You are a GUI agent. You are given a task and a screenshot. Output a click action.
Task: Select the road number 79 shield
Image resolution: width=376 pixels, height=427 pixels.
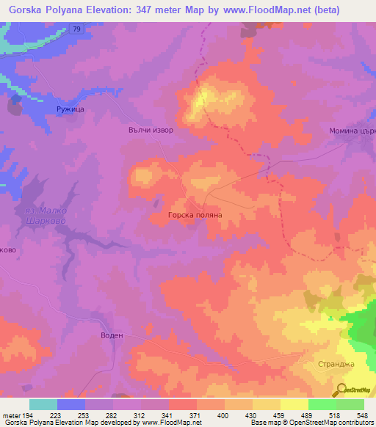77,29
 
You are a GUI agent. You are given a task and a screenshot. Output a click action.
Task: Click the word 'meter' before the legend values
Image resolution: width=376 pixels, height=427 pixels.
11,415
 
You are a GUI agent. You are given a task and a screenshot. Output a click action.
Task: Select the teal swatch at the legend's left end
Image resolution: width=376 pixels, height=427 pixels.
43,404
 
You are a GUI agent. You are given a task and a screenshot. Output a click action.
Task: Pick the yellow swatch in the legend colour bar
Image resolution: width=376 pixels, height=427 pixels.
294,404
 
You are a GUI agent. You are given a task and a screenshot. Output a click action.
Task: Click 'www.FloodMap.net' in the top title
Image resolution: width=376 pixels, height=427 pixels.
252,9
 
